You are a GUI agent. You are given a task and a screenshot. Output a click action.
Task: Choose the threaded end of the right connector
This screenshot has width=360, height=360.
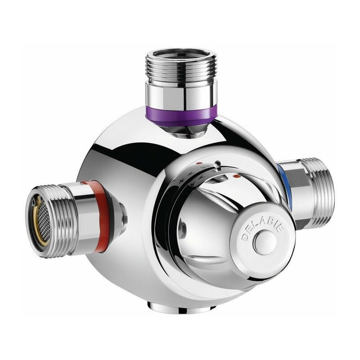321,191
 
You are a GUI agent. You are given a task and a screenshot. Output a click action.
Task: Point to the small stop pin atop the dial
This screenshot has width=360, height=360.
217,164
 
